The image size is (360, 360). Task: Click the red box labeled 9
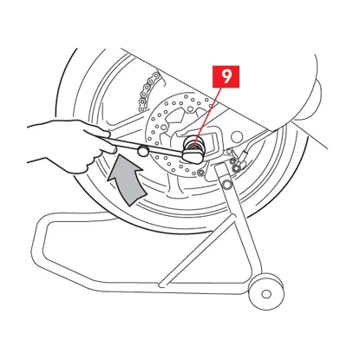pos(226,76)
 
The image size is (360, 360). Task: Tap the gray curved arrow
pos(128,180)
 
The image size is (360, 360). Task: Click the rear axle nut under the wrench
pos(194,145)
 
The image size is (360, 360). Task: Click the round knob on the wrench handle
pos(143,150)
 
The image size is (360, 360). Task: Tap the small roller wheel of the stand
pos(266,291)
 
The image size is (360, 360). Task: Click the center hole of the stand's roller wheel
pos(266,294)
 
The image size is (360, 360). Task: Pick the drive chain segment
pos(149,89)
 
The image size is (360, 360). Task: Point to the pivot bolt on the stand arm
pos(226,184)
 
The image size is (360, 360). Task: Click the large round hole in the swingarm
pos(237,137)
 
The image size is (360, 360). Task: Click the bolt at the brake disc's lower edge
pos(200,173)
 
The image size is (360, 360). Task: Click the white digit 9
pos(226,76)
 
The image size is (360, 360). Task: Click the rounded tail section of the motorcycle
pos(298,87)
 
